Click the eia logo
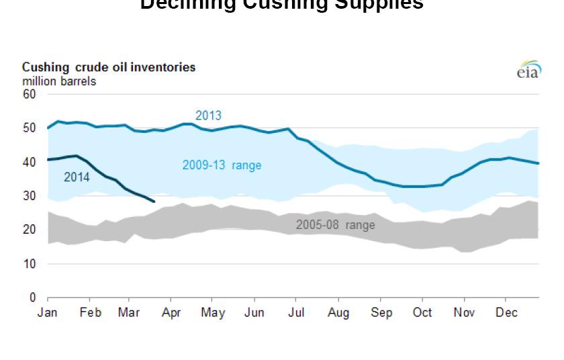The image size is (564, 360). coord(528,71)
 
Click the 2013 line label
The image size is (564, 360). coord(208,116)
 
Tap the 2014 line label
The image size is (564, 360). coord(77,177)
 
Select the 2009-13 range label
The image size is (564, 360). coord(222,165)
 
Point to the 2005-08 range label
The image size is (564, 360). coord(335,225)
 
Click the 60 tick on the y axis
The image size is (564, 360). coord(29,94)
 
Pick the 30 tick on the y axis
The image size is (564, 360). coord(29,196)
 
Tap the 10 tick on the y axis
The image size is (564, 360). coord(29,264)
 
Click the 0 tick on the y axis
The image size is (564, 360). coord(32,298)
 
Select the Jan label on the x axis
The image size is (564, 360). coord(48,312)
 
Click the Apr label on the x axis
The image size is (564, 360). coord(171,312)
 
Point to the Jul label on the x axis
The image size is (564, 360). coord(296,312)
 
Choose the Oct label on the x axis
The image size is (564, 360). coord(422,312)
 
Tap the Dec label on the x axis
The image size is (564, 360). coord(505,312)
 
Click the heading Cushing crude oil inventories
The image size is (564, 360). coord(109,68)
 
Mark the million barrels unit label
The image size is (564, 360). coord(59,81)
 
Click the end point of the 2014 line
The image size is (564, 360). coord(154,201)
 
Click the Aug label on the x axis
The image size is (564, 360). coord(338,312)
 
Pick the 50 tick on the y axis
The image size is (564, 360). coord(29,128)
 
